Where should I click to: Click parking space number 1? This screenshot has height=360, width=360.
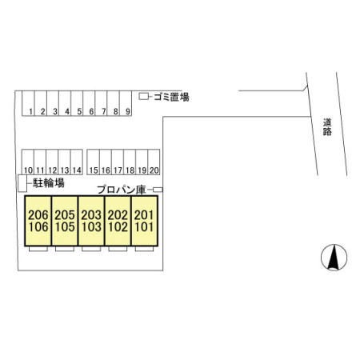(x=28, y=103)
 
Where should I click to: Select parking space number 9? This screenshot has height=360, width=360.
(x=126, y=103)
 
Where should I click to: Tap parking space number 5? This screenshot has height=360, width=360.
(x=77, y=103)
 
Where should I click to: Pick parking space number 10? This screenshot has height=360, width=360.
(x=28, y=162)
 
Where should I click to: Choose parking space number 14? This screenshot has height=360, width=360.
(x=77, y=162)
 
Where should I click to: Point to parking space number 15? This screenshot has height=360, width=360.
(x=94, y=162)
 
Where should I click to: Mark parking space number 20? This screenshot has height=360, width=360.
(x=154, y=162)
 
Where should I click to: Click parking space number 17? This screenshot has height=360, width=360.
(x=118, y=162)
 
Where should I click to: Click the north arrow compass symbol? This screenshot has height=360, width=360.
(x=334, y=258)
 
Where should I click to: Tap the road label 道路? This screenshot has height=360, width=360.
(x=327, y=127)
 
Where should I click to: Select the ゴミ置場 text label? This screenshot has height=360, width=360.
(x=171, y=97)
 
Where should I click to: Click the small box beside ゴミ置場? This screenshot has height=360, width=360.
(x=144, y=97)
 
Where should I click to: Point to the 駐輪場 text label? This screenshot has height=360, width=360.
(x=49, y=183)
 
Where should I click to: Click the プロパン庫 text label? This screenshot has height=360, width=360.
(x=122, y=190)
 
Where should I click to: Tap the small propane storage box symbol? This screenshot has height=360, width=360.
(x=158, y=190)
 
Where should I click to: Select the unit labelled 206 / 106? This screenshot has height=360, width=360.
(x=38, y=221)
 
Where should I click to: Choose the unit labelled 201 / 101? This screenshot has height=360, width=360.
(x=144, y=221)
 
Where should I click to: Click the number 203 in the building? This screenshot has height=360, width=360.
(x=91, y=215)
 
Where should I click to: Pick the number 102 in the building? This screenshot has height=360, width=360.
(x=118, y=227)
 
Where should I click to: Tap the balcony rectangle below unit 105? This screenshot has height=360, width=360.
(x=65, y=249)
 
